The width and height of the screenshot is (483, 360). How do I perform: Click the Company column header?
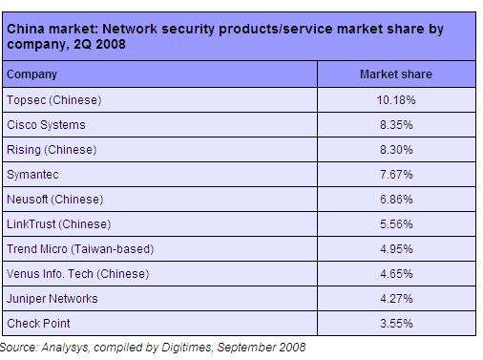point(31,74)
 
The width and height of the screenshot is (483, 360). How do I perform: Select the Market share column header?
point(396,74)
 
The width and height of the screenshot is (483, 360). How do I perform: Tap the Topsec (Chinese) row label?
point(54,100)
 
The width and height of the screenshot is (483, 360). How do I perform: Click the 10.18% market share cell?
point(396,100)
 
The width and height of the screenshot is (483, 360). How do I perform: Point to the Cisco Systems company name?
point(46,125)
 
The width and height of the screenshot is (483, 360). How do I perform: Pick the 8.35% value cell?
point(396,125)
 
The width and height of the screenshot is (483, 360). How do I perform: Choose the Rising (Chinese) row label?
point(52,150)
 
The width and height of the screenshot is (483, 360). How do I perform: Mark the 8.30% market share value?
point(396,150)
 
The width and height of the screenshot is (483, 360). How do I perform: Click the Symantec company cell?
point(32,175)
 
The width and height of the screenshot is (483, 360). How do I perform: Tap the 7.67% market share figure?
point(396,175)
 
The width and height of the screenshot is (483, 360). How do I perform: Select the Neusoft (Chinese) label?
point(55,200)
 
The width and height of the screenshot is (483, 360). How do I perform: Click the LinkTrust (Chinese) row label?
point(59,224)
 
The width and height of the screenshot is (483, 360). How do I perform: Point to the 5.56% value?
point(396,224)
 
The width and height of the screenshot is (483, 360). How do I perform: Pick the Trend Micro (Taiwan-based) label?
point(80,249)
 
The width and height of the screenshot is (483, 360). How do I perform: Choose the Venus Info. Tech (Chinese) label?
point(78,274)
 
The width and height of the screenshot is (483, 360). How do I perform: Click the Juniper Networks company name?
point(52,299)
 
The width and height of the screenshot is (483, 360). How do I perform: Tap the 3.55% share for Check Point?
point(396,324)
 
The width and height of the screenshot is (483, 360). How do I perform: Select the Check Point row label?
point(38,324)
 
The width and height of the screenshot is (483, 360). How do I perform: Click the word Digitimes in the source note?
point(186,347)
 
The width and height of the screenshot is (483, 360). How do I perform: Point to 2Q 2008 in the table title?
point(99,44)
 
